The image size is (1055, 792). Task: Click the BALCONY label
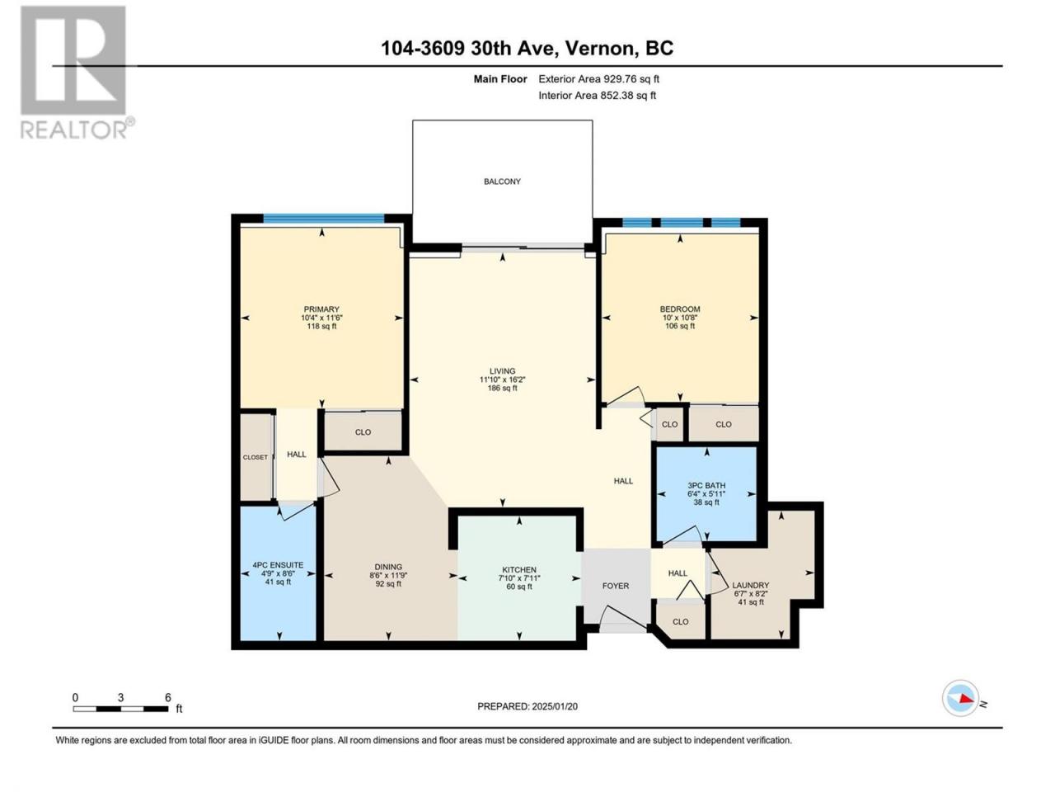click(502, 181)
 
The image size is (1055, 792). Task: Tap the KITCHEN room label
click(519, 570)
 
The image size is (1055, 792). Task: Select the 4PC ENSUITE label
click(278, 565)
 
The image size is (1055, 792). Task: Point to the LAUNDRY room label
click(750, 585)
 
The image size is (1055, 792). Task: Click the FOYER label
click(615, 586)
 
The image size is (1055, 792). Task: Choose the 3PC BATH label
click(706, 486)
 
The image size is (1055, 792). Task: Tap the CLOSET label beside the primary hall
click(256, 457)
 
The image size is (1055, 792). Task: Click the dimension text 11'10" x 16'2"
click(502, 379)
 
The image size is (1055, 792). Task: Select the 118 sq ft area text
click(321, 326)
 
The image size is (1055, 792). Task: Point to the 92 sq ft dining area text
click(388, 584)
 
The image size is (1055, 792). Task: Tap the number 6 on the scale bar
click(168, 697)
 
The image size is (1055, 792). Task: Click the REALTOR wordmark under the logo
click(74, 129)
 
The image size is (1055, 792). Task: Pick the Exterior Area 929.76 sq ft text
click(599, 79)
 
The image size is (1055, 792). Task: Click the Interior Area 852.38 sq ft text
click(597, 95)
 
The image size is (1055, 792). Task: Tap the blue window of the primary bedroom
click(323, 219)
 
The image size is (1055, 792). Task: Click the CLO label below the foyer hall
click(680, 622)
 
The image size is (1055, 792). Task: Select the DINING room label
click(388, 567)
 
